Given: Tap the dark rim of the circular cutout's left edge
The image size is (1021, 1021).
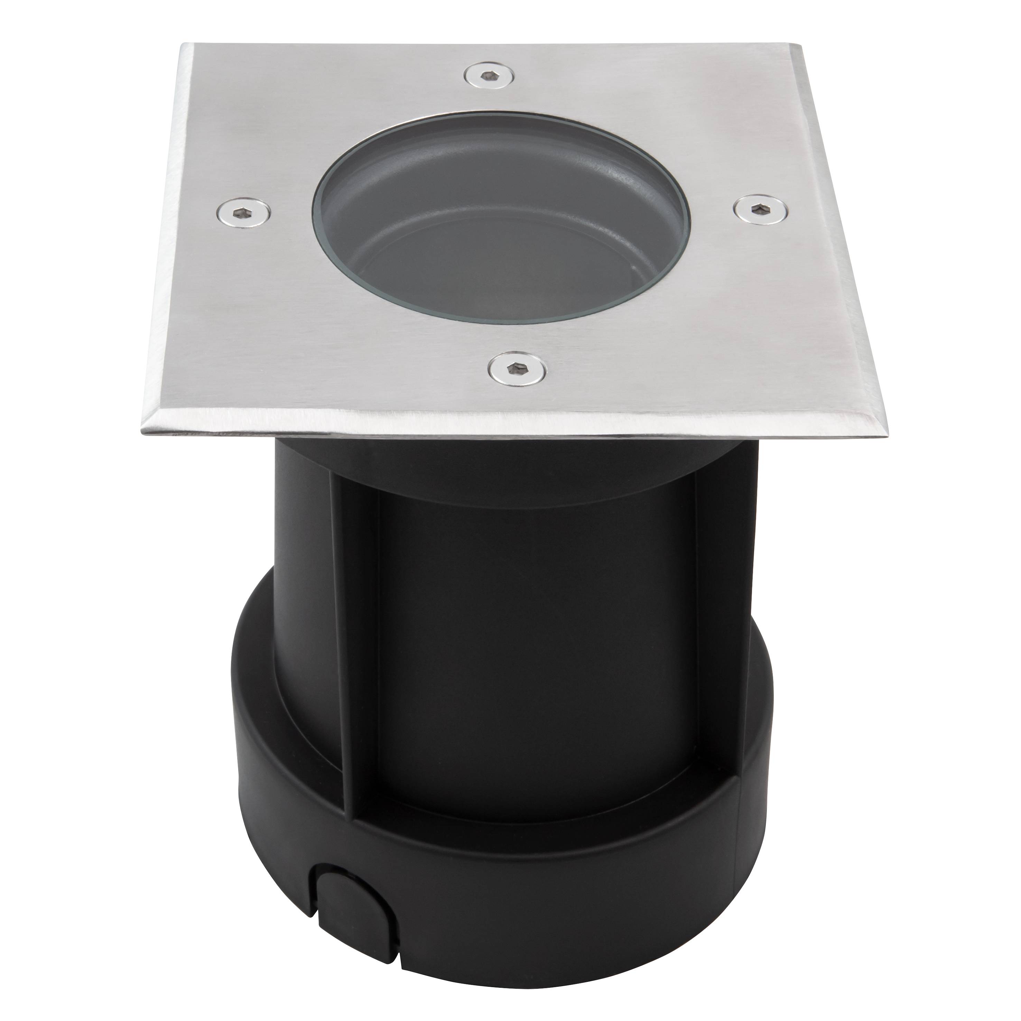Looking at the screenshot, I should [x=316, y=222].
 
